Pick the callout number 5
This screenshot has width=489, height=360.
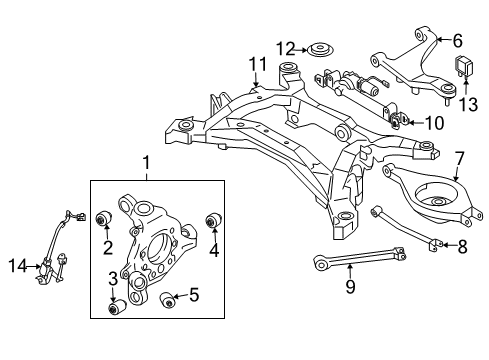[x=195, y=296]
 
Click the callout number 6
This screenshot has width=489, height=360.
[x=457, y=41]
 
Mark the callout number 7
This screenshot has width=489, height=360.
[x=458, y=158]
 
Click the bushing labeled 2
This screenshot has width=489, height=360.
[x=102, y=220]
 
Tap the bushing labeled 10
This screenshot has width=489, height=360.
[x=398, y=122]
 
